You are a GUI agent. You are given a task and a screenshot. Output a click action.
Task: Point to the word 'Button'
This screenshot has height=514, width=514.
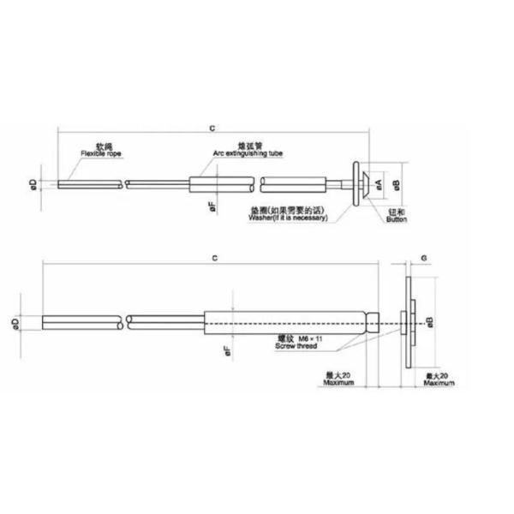396,220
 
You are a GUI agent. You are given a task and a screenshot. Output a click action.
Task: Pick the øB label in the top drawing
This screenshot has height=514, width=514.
395,183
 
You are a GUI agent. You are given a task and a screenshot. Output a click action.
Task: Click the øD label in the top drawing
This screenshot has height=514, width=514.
31,183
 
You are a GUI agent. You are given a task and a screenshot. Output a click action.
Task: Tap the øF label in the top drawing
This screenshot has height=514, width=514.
211,206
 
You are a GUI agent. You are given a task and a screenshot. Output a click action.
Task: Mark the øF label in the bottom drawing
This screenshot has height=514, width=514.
226,350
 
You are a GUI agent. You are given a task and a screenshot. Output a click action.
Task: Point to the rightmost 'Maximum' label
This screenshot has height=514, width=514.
439,383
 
